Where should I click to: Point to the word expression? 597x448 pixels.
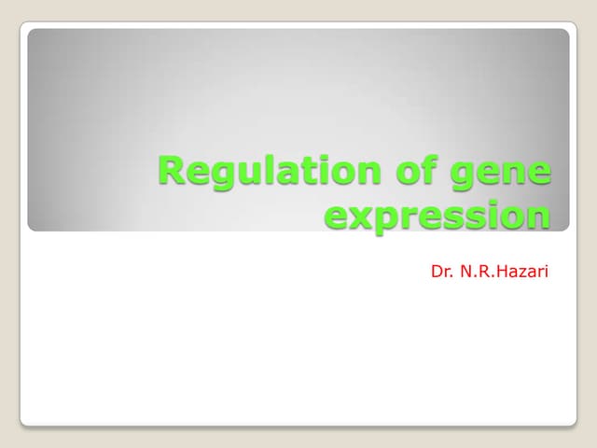click(437, 217)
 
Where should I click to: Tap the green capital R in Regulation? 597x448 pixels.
click(172, 172)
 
